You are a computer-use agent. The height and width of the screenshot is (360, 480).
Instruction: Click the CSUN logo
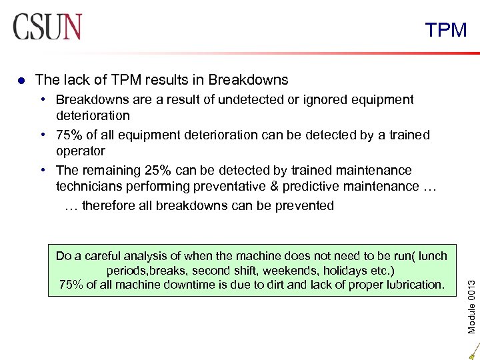click(47, 27)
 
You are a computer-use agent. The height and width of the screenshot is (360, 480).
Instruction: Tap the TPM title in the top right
click(446, 30)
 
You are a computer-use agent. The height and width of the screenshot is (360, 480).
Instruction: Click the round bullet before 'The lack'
click(21, 81)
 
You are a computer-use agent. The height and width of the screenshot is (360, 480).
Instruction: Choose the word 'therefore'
click(109, 205)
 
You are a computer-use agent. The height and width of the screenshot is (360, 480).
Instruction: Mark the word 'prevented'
click(302, 205)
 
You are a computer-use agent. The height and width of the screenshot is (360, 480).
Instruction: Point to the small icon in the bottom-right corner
click(472, 351)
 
